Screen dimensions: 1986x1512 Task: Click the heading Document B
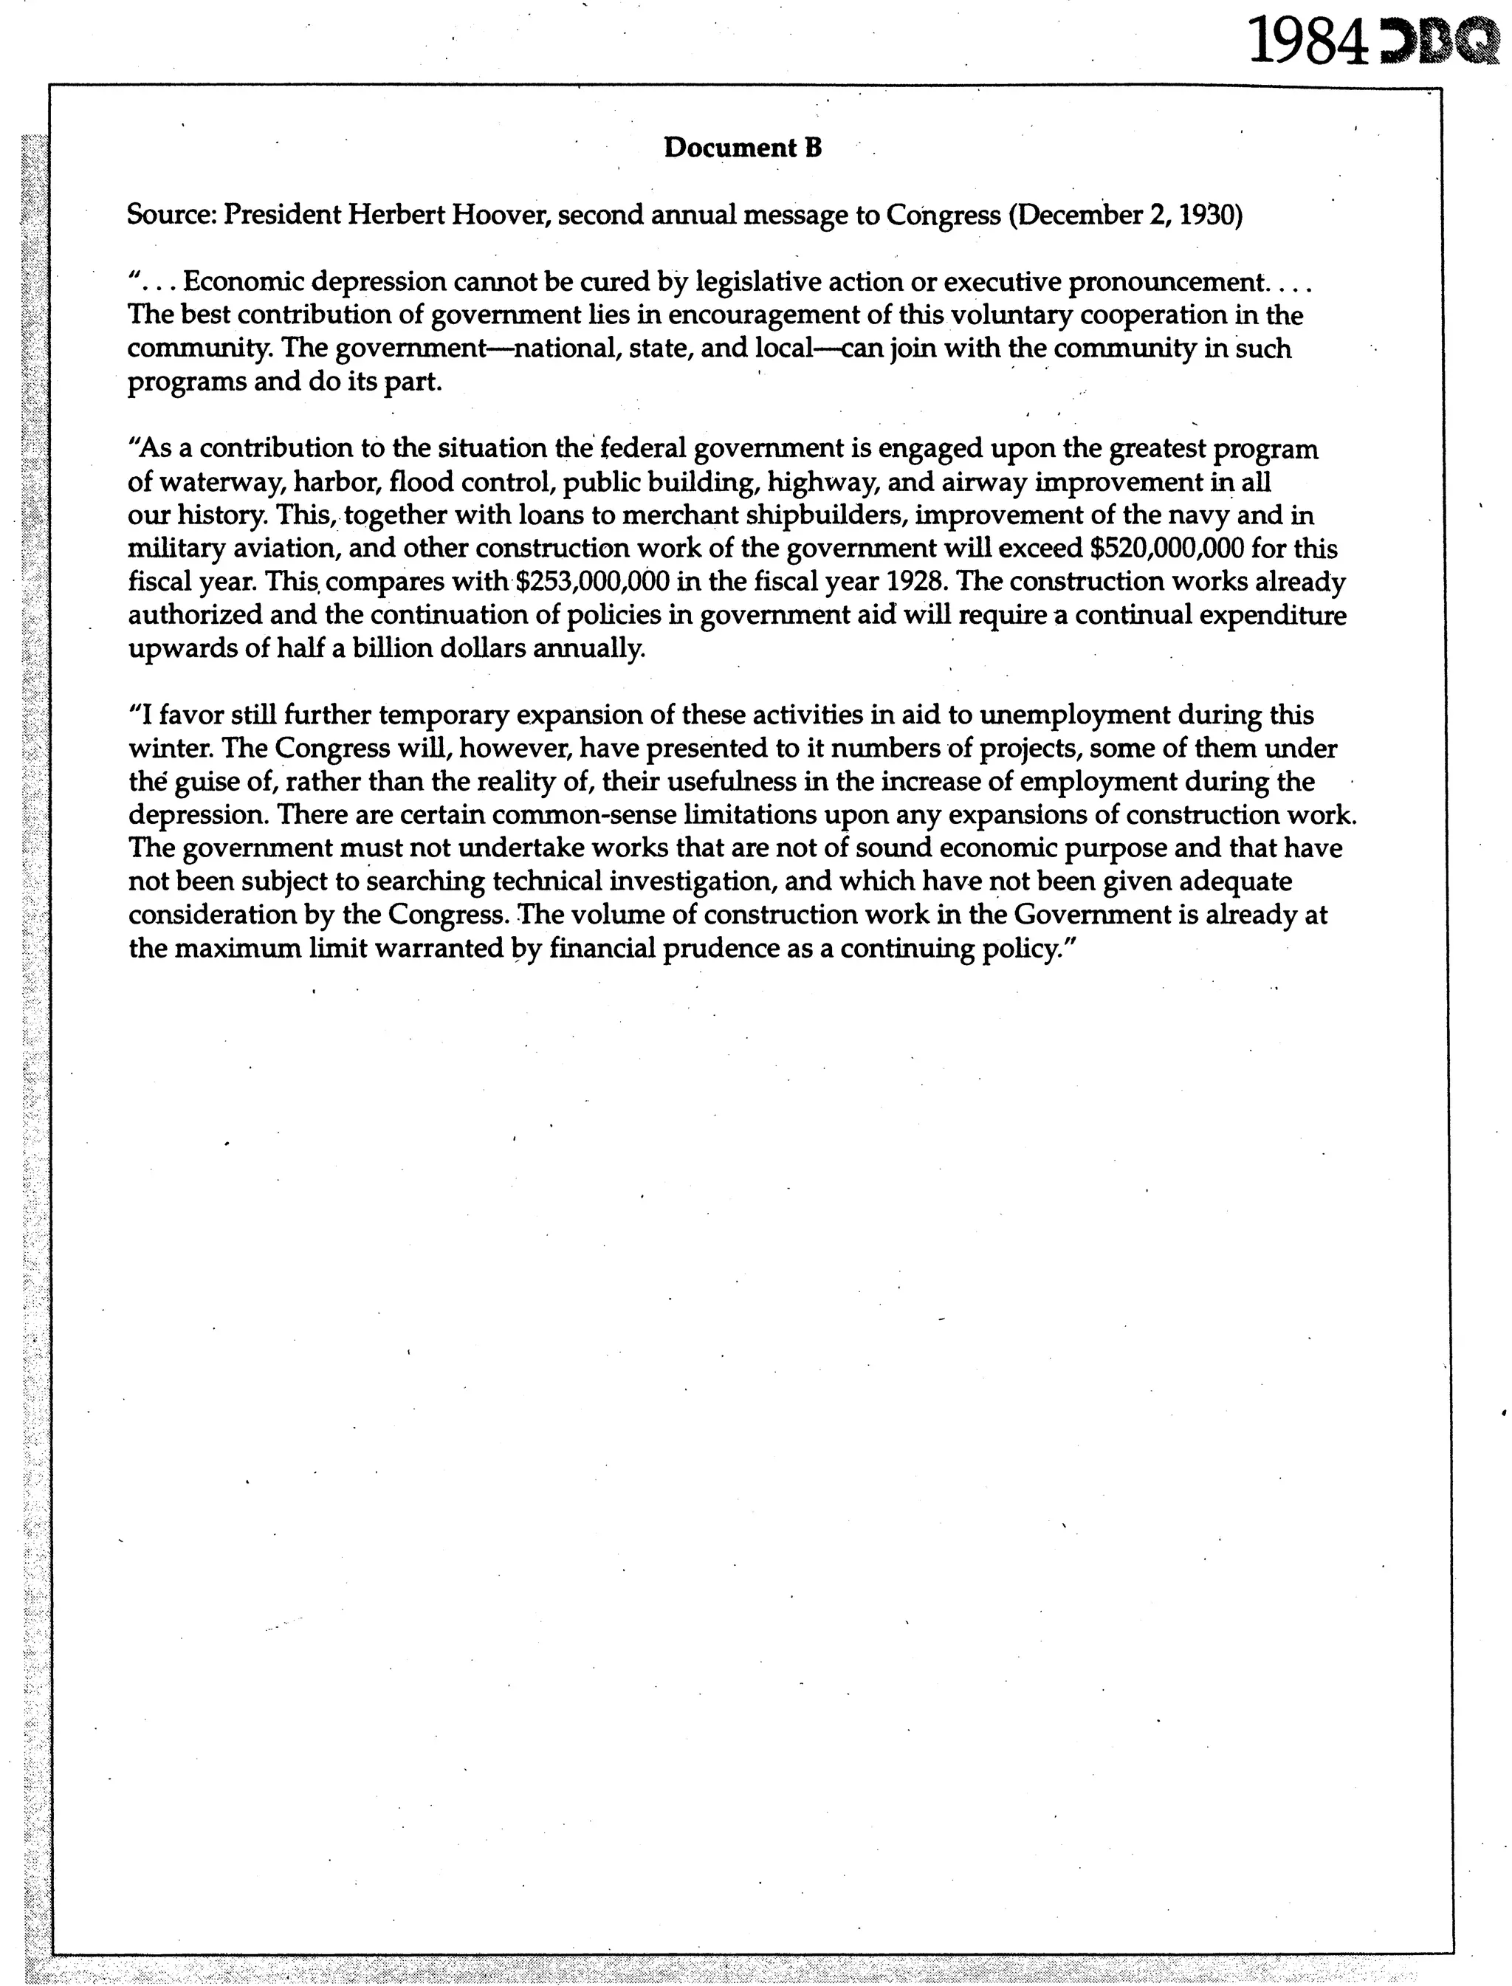[743, 148]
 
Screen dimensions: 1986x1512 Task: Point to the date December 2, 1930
[1125, 216]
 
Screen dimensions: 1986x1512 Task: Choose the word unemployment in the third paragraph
[1072, 715]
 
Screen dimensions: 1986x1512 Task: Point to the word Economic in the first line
[238, 284]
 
